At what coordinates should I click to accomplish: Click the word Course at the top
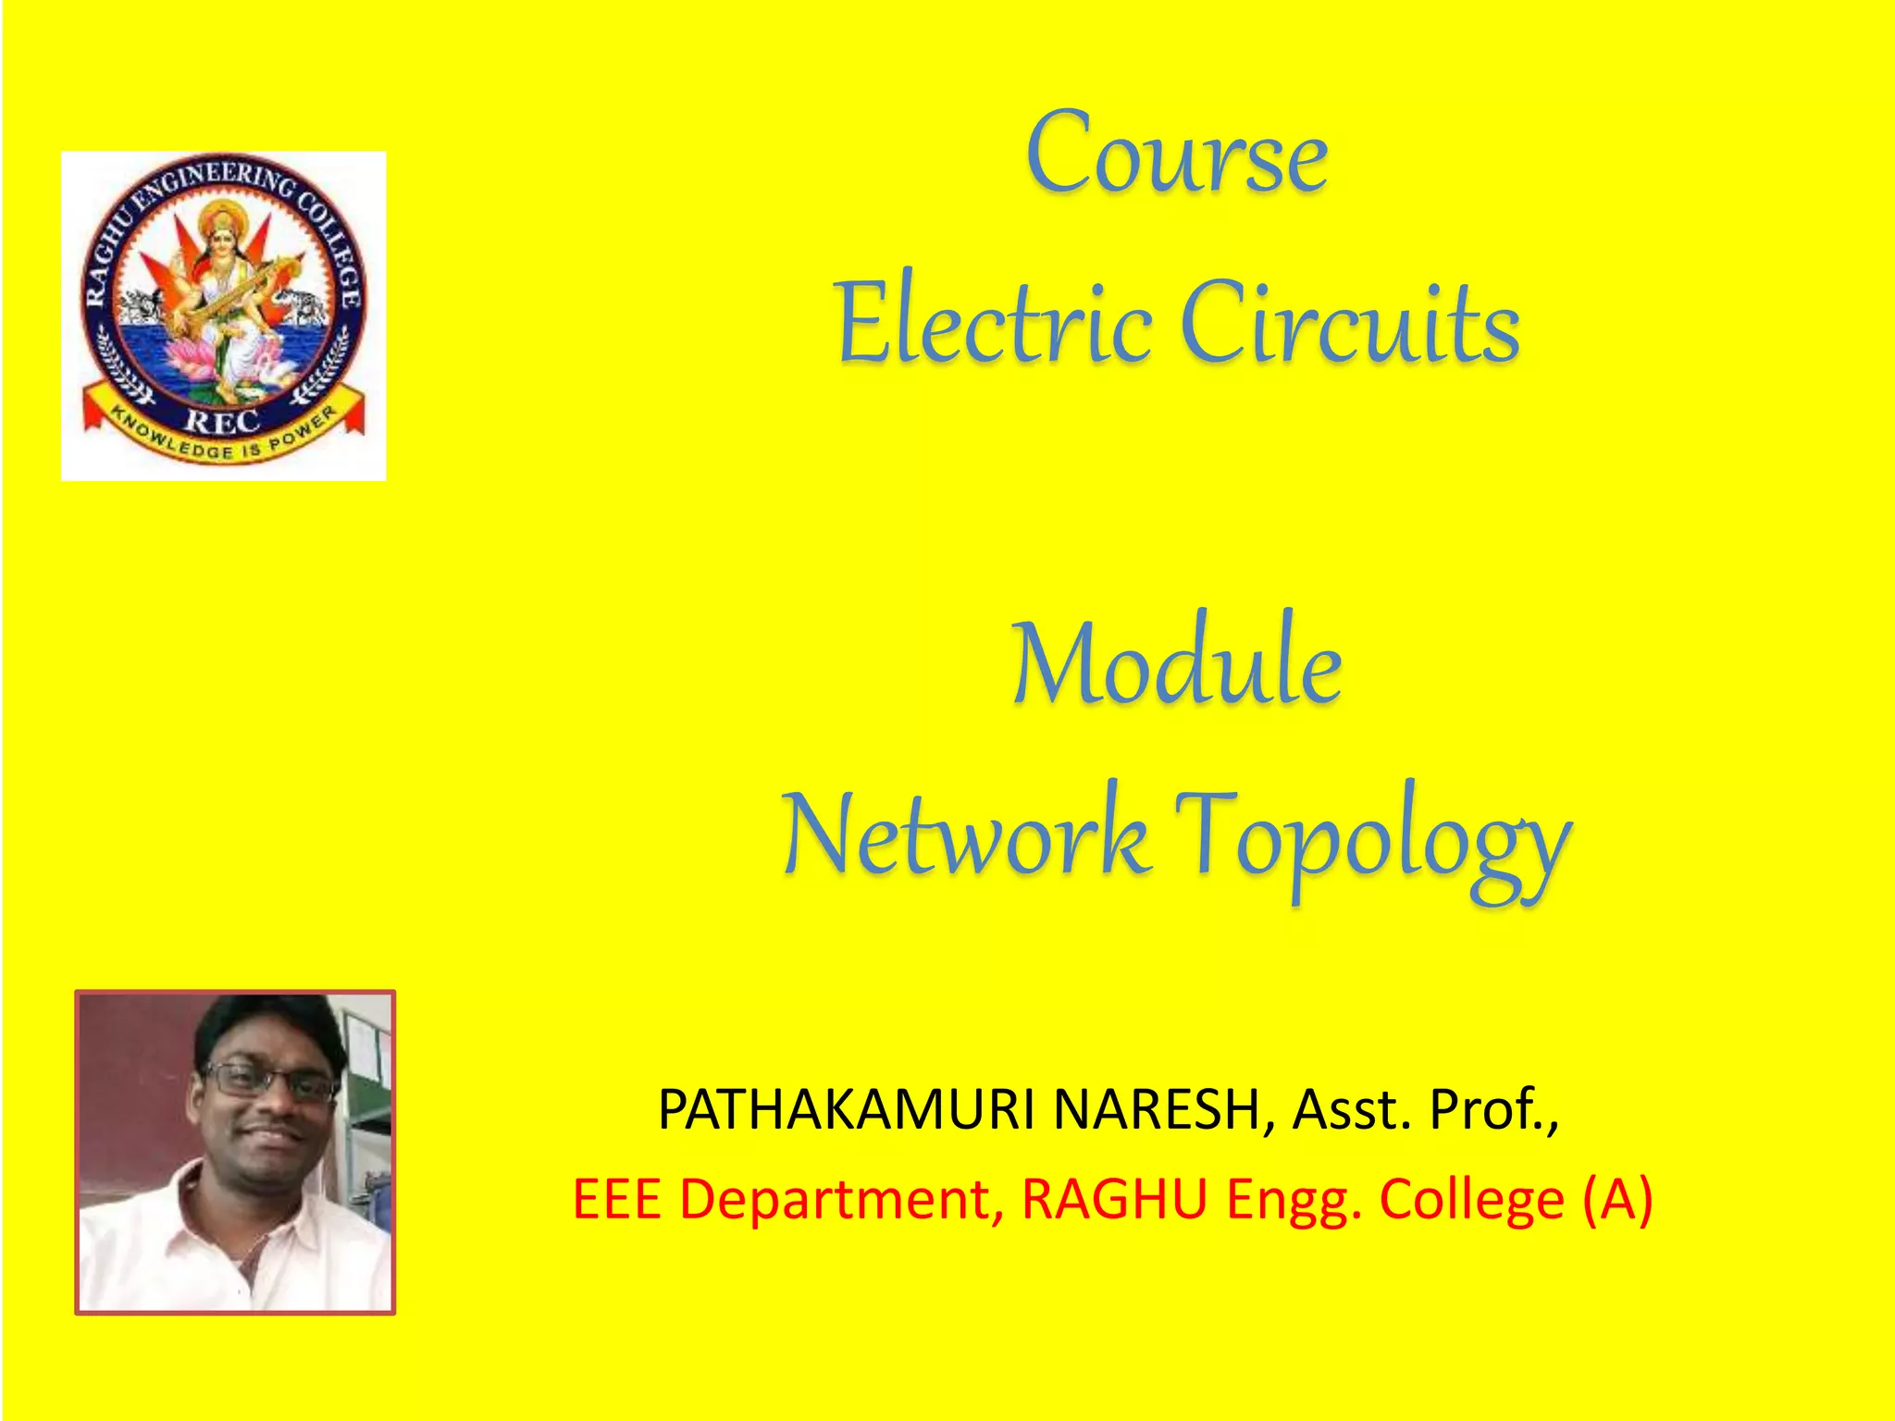pos(1176,154)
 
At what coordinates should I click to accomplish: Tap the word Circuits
pos(1350,323)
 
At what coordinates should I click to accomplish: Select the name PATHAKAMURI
pos(846,1109)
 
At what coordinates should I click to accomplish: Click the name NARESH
pos(1157,1109)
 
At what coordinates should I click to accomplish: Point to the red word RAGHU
pos(1114,1199)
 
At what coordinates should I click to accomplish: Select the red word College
pos(1471,1201)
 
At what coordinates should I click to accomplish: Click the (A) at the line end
pos(1616,1201)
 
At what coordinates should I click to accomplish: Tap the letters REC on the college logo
pos(222,421)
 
